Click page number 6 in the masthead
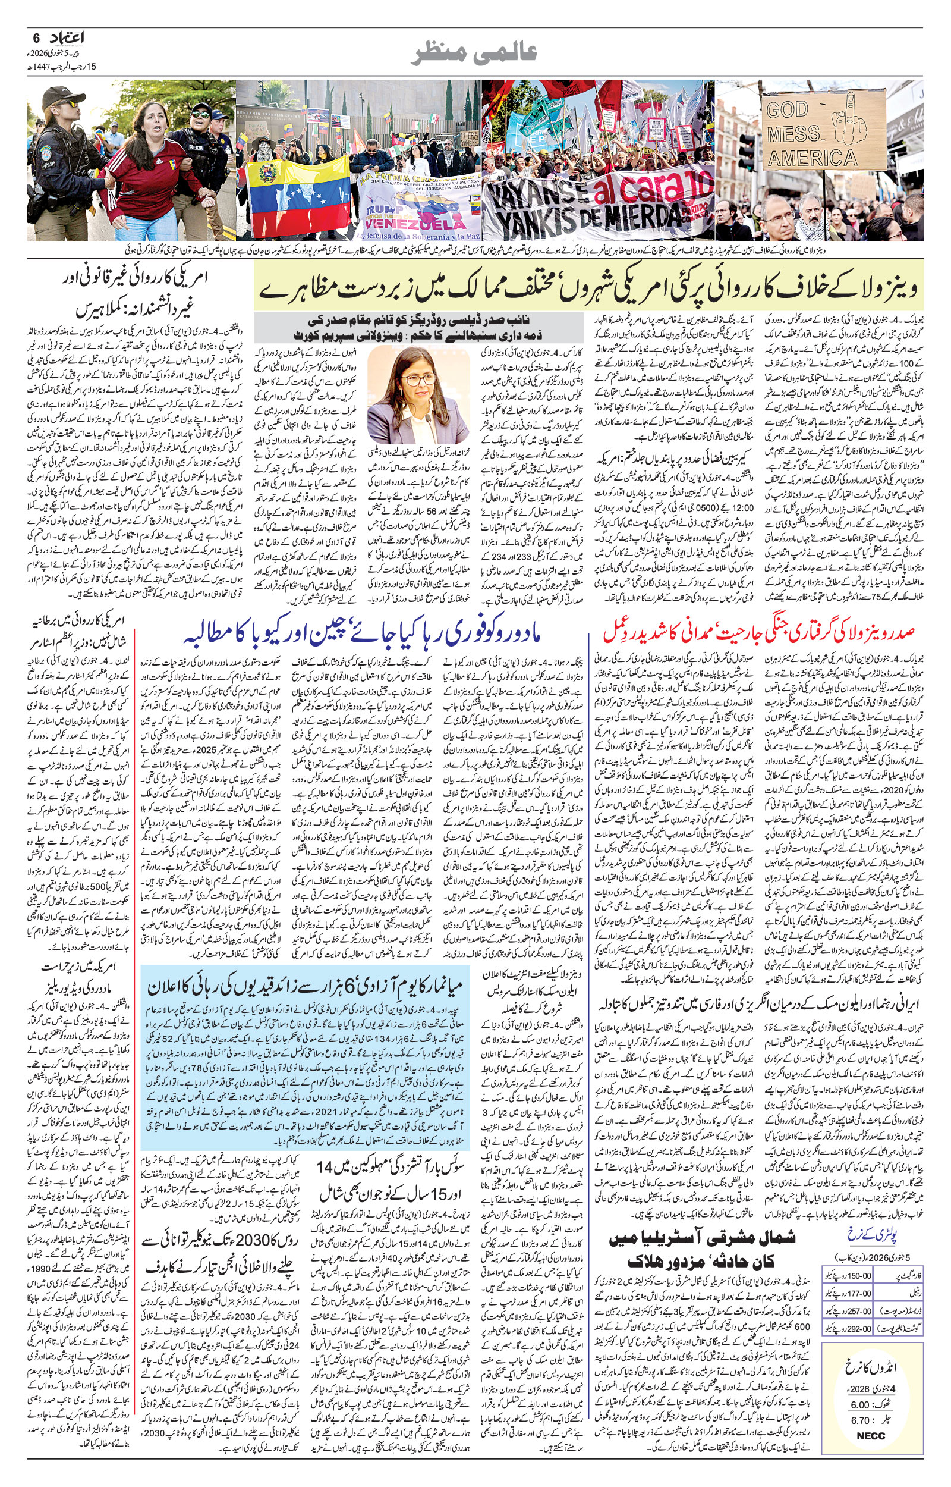tap(36, 38)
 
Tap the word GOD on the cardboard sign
tap(787, 110)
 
